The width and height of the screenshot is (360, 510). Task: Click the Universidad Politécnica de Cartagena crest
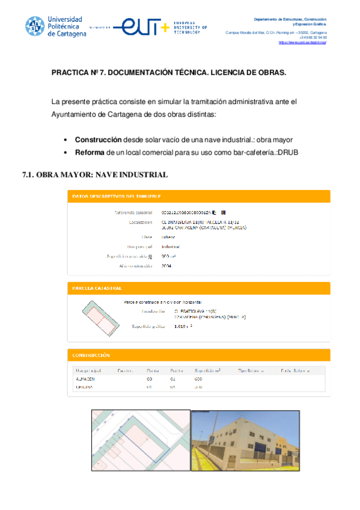click(35, 26)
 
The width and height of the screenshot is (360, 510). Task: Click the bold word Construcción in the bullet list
click(98, 140)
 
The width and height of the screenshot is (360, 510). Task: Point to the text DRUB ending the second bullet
click(287, 152)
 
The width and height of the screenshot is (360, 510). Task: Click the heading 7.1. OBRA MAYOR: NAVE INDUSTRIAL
click(94, 175)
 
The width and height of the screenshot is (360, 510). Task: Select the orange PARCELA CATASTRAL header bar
click(198, 288)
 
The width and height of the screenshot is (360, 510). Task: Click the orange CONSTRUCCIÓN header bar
click(198, 355)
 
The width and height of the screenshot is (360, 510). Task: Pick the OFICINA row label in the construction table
click(84, 387)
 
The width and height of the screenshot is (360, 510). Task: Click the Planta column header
click(153, 370)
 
